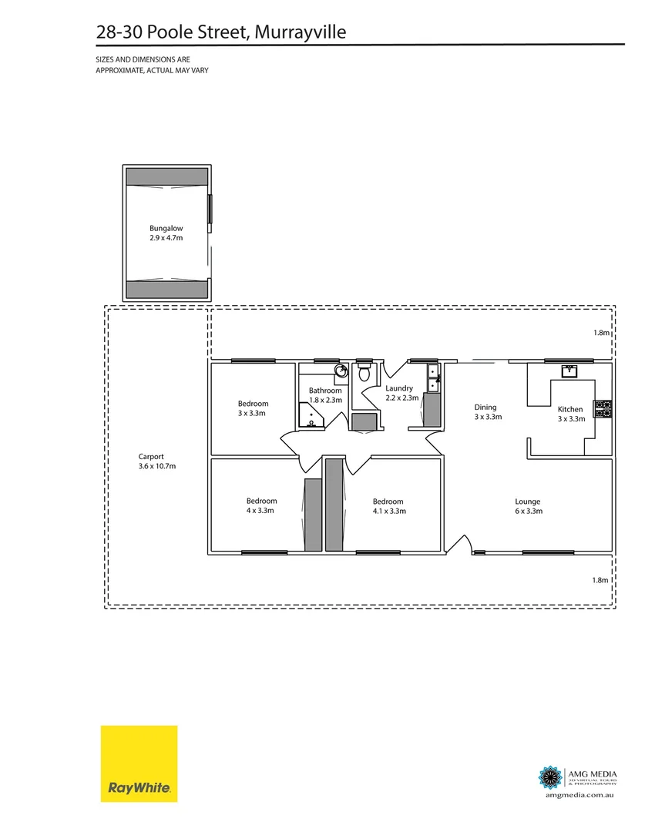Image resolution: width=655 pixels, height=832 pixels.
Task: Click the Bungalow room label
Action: (166, 228)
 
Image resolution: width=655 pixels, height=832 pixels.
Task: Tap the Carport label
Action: (151, 456)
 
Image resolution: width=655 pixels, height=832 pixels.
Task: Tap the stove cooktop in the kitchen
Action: (603, 409)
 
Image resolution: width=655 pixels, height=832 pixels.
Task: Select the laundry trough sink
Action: (433, 377)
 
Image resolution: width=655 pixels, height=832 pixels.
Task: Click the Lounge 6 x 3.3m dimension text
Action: (529, 511)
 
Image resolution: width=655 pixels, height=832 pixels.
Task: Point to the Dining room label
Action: (485, 408)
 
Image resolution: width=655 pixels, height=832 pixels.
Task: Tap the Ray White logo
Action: (139, 763)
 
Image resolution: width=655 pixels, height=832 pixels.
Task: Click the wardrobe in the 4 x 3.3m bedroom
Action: (313, 514)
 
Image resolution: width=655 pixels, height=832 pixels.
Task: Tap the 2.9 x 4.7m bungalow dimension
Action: (166, 238)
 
